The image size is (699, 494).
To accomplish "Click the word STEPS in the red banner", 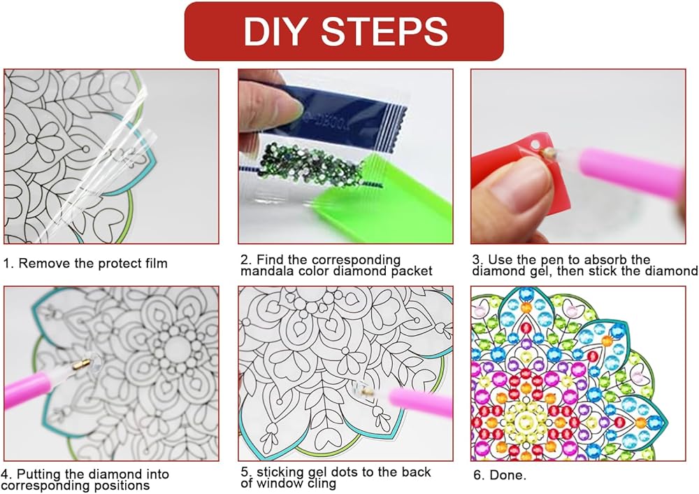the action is click(384, 31).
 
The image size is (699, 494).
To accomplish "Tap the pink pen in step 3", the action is click(628, 169).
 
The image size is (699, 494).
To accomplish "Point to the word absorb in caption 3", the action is click(605, 260).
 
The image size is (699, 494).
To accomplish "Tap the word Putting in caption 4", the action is click(40, 475).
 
